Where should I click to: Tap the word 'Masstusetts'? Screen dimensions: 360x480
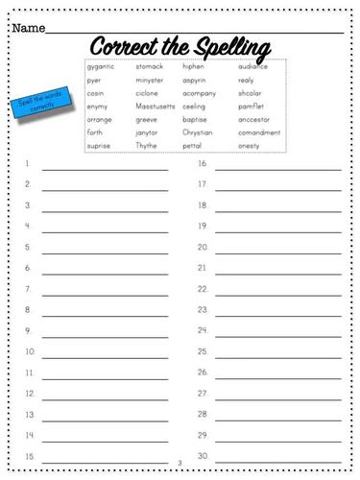pyautogui.click(x=155, y=107)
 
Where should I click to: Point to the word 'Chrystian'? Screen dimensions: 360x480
pyautogui.click(x=198, y=132)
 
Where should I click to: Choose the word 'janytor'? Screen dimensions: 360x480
pyautogui.click(x=148, y=132)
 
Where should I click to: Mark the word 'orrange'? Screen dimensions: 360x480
pyautogui.click(x=100, y=119)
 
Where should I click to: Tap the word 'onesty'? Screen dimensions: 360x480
pyautogui.click(x=249, y=146)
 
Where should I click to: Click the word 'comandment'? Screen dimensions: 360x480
pyautogui.click(x=259, y=132)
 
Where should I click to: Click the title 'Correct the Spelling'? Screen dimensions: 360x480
pyautogui.click(x=180, y=45)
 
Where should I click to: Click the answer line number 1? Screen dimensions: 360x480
pyautogui.click(x=104, y=168)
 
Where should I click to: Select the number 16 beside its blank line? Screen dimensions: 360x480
pyautogui.click(x=203, y=163)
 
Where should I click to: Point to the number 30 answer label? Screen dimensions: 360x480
pyautogui.click(x=203, y=455)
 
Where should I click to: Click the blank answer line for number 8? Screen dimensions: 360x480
pyautogui.click(x=104, y=314)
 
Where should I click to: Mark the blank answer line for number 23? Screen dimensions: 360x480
pyautogui.click(x=277, y=314)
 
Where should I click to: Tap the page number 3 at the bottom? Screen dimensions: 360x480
pyautogui.click(x=180, y=464)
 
